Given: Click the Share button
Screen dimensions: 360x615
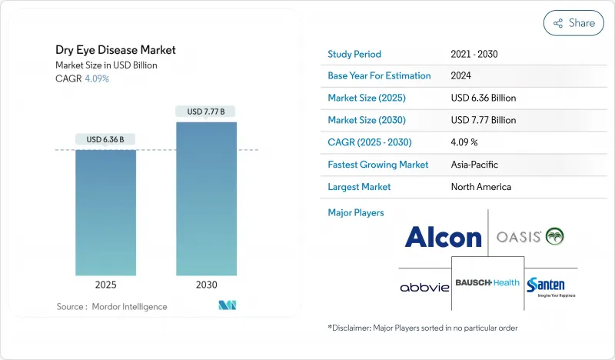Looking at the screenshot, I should click(573, 23).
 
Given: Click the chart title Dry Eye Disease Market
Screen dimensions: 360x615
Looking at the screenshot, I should click(115, 50).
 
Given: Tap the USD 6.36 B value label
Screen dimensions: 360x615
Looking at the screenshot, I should click(105, 139).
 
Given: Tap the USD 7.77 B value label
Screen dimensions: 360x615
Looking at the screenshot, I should click(206, 112).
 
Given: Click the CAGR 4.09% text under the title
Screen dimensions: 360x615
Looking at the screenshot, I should click(83, 78).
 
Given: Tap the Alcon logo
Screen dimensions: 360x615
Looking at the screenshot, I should click(443, 237).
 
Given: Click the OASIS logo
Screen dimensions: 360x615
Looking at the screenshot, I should click(530, 237).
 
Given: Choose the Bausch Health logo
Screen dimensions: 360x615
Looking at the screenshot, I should click(487, 282).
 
